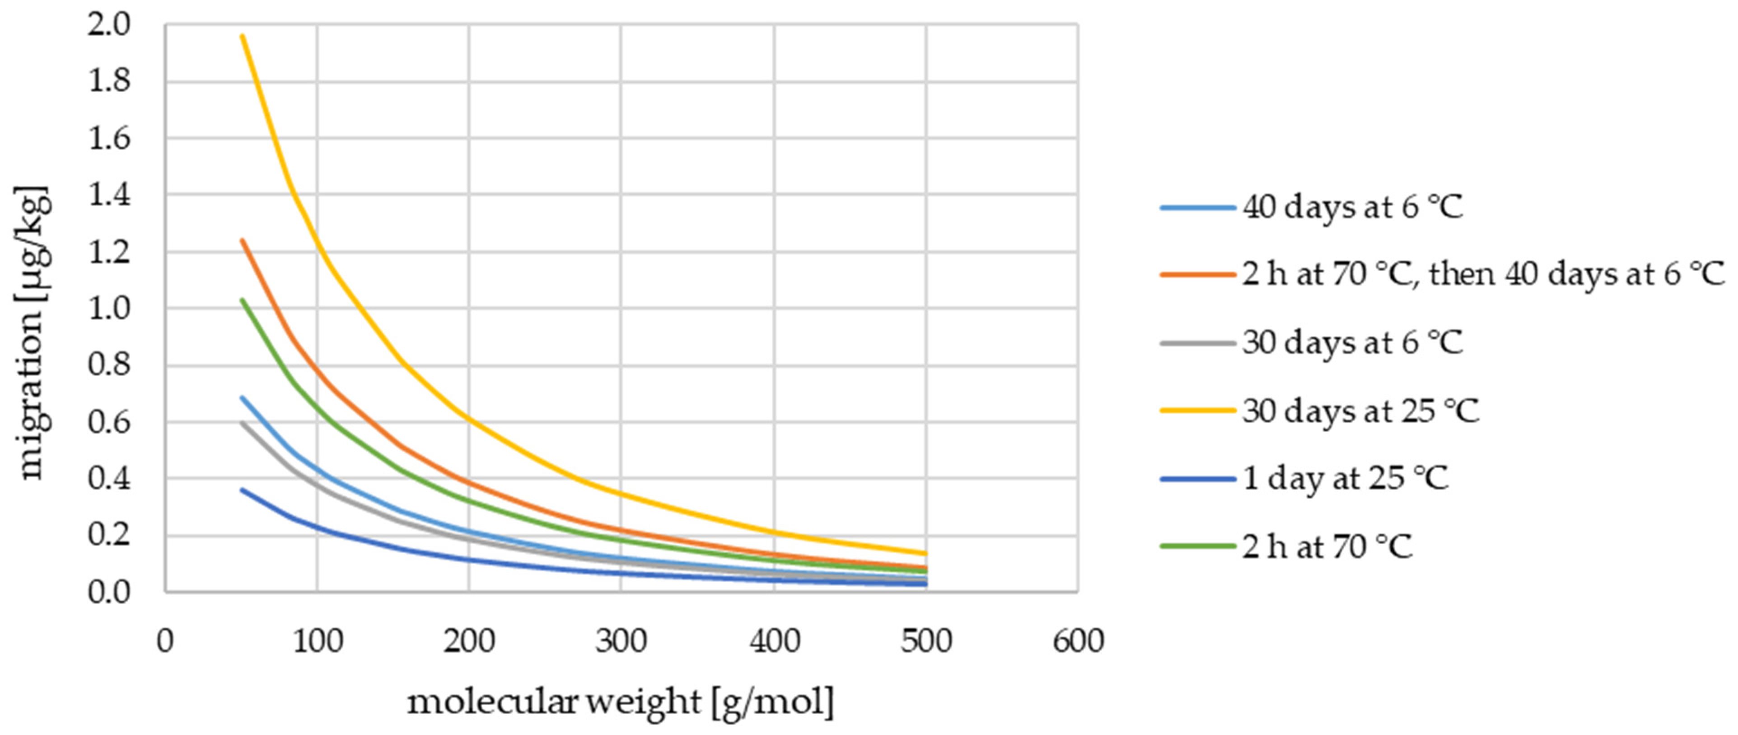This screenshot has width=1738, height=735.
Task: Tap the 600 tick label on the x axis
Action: coord(1078,641)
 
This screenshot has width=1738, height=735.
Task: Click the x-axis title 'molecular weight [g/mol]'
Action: coord(621,702)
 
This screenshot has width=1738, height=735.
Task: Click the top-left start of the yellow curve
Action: coord(242,36)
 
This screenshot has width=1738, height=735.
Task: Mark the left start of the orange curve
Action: coord(242,240)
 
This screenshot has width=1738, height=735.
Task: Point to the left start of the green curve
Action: coord(242,300)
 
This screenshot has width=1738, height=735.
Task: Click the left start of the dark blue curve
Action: coord(242,490)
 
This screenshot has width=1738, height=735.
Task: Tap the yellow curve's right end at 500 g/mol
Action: coord(925,553)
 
